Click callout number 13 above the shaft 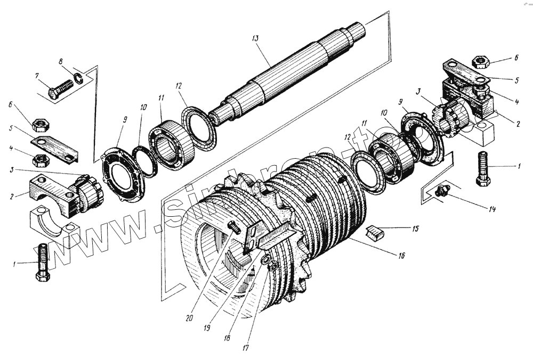point(255,39)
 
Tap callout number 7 point(37,76)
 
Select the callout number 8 point(61,62)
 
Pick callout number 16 point(400,256)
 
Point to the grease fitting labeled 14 point(440,191)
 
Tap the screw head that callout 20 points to point(233,227)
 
